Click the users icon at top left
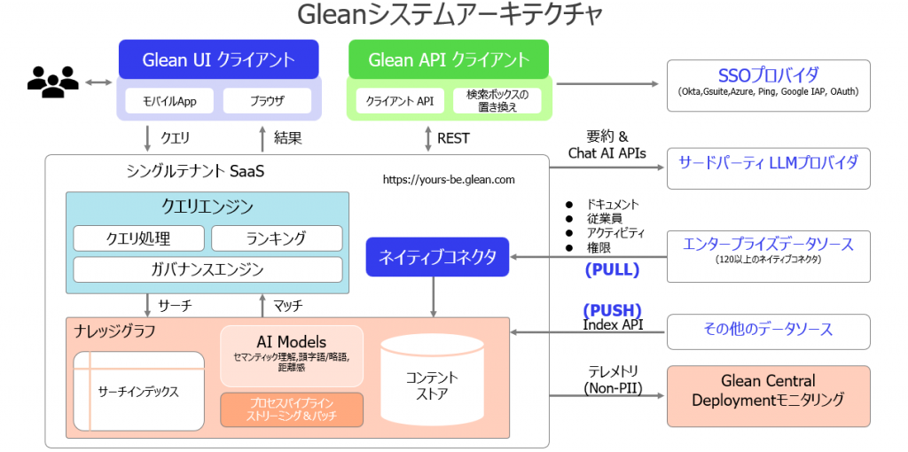click(x=52, y=82)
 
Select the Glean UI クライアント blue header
click(x=218, y=60)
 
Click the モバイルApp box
click(x=169, y=101)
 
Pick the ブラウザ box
click(x=266, y=101)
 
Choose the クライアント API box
click(x=400, y=101)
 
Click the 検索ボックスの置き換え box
click(x=497, y=101)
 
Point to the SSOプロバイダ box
click(x=768, y=82)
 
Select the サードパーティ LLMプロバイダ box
click(x=768, y=163)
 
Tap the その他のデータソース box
click(x=768, y=329)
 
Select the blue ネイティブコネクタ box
click(x=437, y=257)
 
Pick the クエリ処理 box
click(x=138, y=238)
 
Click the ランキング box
click(x=276, y=238)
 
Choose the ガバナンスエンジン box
click(x=207, y=269)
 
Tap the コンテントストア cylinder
click(x=432, y=384)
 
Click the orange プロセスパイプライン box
click(x=292, y=409)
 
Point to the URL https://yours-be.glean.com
click(x=449, y=180)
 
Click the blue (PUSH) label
click(x=612, y=310)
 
